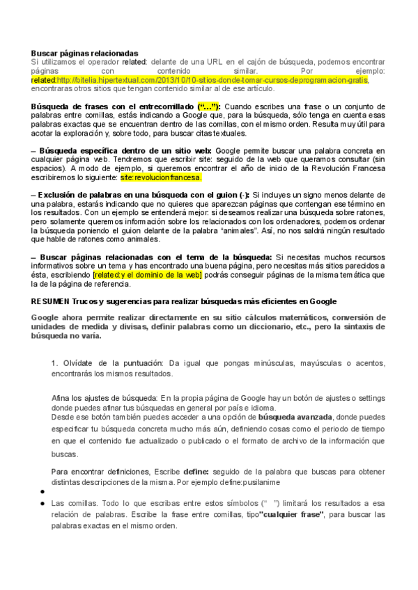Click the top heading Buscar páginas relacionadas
[x=84, y=54]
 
